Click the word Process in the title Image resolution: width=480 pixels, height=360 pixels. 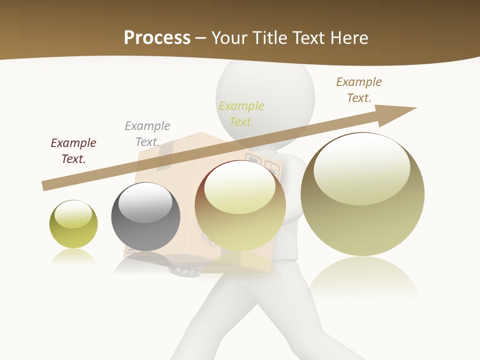point(157,38)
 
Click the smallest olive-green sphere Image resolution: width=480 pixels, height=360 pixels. point(73,224)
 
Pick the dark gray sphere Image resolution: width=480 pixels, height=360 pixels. point(145,216)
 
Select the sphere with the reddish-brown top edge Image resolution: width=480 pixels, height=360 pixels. point(240,205)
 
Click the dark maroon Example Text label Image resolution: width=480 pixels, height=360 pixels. point(73,151)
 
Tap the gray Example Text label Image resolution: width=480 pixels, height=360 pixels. point(147,134)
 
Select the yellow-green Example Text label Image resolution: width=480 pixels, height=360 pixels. point(241,114)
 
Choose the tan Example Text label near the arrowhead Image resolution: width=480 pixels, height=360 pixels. point(359,90)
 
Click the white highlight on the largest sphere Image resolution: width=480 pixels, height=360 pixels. point(361,167)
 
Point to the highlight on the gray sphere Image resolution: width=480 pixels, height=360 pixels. point(145,202)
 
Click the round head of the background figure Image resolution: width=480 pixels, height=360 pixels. point(265,95)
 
